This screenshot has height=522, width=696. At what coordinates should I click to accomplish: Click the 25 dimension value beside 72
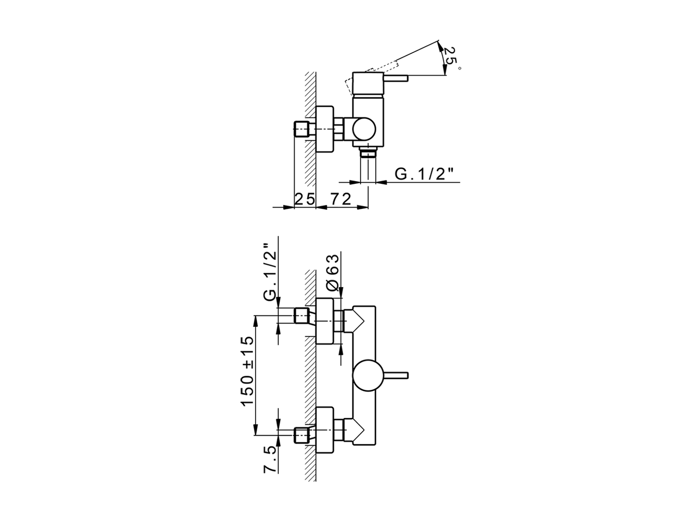[x=305, y=199]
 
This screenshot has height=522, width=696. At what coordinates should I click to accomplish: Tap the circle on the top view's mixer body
[x=363, y=130]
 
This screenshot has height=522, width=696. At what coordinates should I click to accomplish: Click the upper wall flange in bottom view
[x=325, y=321]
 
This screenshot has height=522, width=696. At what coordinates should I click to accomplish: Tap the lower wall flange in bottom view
[x=325, y=430]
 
